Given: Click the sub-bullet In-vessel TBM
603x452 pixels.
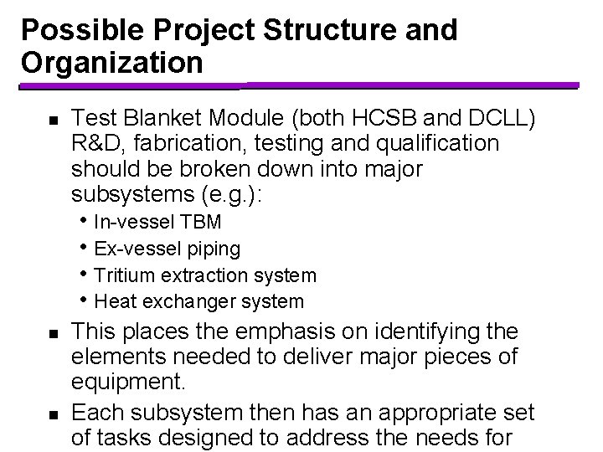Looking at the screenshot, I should point(158,223).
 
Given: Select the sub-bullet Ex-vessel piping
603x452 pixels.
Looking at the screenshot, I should point(167,249).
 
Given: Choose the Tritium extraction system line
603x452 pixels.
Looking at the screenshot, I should point(205,275).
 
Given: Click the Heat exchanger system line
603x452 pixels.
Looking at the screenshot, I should point(199,300).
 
